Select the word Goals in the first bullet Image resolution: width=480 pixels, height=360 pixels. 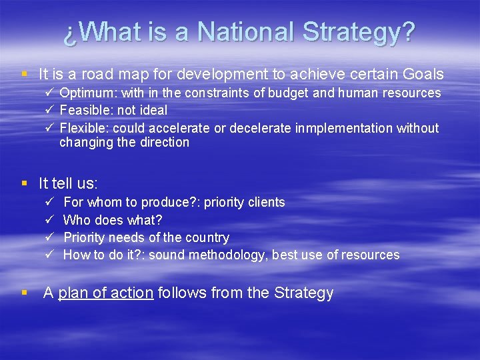click(x=423, y=73)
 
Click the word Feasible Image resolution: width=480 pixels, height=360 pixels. click(x=83, y=110)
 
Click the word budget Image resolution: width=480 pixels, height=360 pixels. click(x=299, y=93)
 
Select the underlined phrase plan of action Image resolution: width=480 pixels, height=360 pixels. click(x=105, y=293)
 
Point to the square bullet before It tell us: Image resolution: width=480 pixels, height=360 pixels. click(x=25, y=183)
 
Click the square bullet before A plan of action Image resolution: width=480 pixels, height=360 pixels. click(x=25, y=293)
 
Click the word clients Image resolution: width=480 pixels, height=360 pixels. click(x=264, y=202)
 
